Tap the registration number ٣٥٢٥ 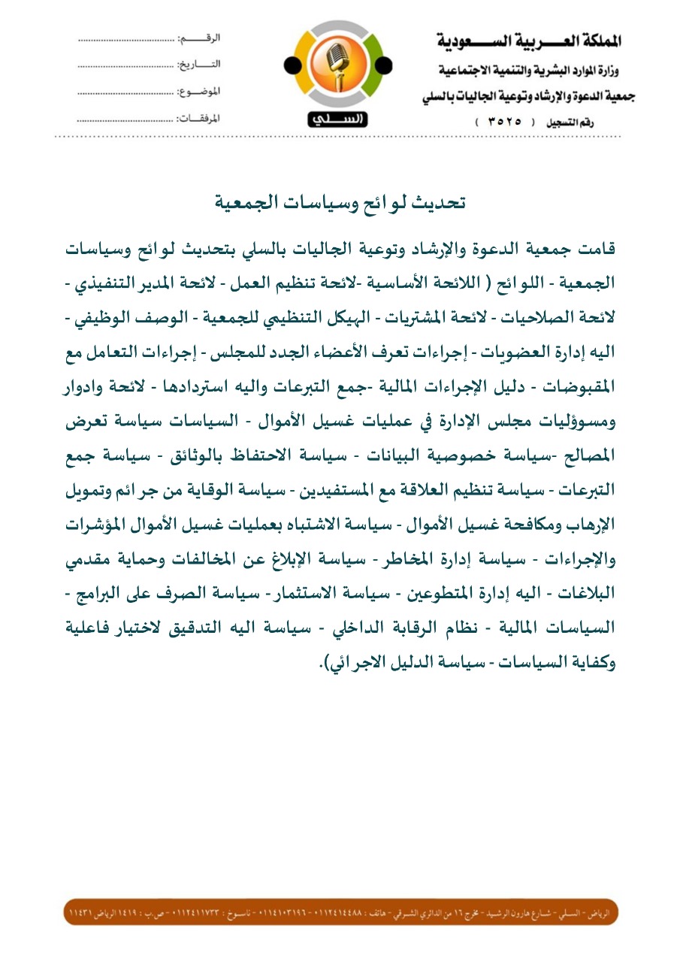tap(501, 121)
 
